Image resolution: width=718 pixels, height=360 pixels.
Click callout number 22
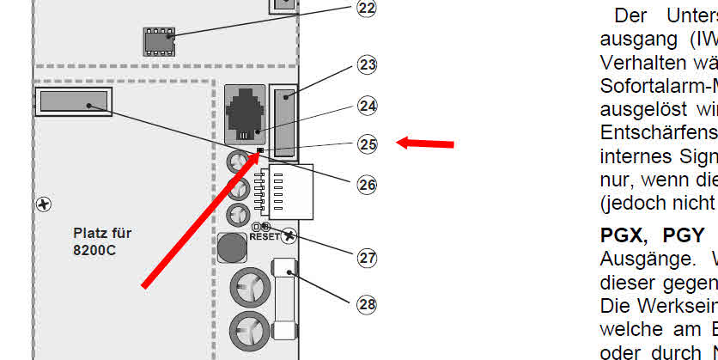(367, 9)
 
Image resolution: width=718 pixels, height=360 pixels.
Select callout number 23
(368, 65)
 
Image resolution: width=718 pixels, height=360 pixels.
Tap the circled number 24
(368, 106)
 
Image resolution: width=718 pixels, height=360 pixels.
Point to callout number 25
(368, 144)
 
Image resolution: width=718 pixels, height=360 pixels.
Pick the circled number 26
(368, 184)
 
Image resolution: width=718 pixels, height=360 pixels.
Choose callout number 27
(368, 258)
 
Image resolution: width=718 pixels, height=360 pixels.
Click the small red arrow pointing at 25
(425, 142)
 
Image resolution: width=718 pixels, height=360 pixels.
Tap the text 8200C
(95, 251)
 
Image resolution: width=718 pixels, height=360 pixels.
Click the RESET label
(265, 235)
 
